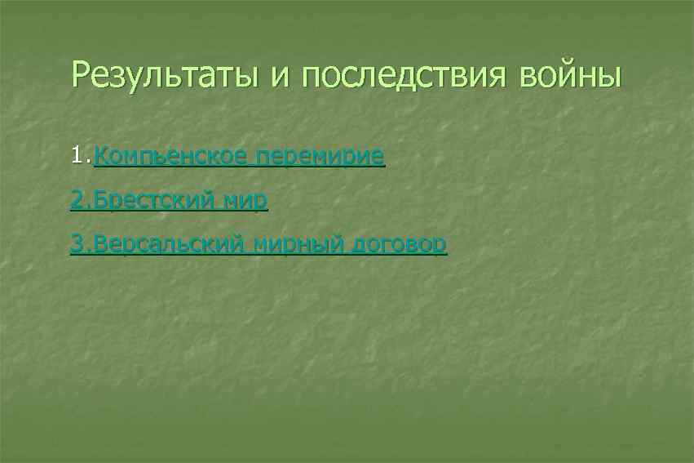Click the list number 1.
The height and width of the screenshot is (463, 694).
tap(79, 155)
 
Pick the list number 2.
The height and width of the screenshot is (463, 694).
tap(79, 199)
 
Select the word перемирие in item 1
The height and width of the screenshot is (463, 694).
tap(319, 155)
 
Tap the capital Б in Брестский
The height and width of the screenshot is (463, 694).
tap(101, 199)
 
